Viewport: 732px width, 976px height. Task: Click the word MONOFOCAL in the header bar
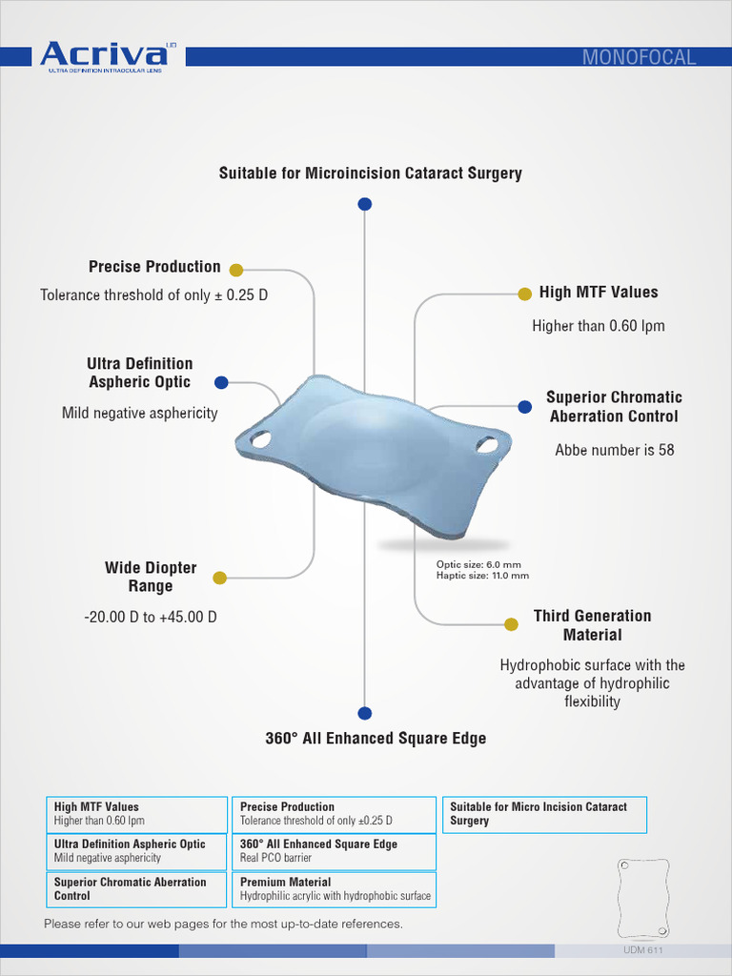[x=639, y=57]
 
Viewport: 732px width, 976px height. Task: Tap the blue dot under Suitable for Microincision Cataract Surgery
[x=364, y=204]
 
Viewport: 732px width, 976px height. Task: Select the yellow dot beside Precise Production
[x=236, y=270]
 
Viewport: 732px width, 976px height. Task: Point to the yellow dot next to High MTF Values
[x=523, y=294]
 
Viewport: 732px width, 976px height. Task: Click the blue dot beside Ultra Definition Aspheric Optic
[x=221, y=382]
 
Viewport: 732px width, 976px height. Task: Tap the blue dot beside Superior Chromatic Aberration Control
[x=524, y=407]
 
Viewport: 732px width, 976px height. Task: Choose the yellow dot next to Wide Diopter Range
[x=219, y=578]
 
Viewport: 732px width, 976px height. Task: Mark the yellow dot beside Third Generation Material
[x=511, y=624]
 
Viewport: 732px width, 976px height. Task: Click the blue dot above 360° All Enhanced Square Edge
[x=364, y=713]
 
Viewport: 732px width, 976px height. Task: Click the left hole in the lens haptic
[x=260, y=439]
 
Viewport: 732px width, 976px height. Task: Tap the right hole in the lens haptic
[x=487, y=444]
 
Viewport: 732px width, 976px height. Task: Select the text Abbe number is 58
[x=614, y=450]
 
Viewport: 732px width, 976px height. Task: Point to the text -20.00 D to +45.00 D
[x=151, y=617]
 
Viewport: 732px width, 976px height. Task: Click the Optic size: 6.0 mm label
[x=478, y=564]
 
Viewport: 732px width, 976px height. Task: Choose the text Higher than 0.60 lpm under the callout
[x=598, y=326]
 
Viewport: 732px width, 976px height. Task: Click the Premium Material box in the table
[x=334, y=889]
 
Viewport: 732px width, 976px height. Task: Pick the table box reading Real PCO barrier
[x=334, y=851]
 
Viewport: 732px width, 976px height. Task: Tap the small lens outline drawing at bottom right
[x=643, y=898]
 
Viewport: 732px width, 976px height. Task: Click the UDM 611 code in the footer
[x=642, y=951]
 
